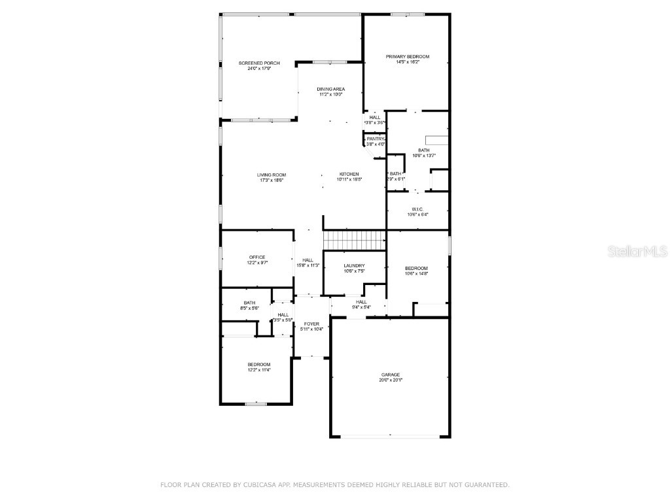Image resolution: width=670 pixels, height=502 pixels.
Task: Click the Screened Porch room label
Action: (x=259, y=63)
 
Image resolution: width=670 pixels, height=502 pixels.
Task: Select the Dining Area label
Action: (x=330, y=89)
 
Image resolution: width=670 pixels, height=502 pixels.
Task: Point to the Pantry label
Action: (x=376, y=139)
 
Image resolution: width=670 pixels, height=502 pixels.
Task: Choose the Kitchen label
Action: (x=349, y=174)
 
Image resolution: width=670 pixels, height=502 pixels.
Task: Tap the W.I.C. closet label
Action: (x=417, y=209)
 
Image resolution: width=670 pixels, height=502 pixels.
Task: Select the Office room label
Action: (x=257, y=257)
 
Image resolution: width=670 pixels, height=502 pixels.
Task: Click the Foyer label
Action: (x=311, y=324)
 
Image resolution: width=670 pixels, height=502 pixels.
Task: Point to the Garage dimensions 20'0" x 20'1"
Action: (x=391, y=380)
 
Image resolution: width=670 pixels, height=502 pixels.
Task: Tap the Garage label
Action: (x=391, y=375)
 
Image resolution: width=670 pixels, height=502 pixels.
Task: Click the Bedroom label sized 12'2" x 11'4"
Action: (x=258, y=364)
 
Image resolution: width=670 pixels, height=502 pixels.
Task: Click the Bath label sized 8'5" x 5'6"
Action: (x=249, y=303)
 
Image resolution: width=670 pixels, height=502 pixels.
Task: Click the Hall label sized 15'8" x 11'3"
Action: (x=308, y=260)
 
